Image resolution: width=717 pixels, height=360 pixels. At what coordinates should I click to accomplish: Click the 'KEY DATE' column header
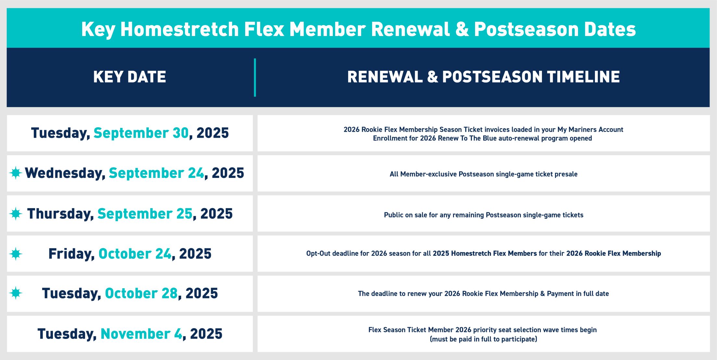pyautogui.click(x=130, y=77)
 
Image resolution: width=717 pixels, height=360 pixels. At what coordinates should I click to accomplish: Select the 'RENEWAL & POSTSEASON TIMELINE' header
pyautogui.click(x=483, y=77)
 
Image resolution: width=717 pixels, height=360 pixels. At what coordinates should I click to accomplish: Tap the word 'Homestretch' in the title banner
pyautogui.click(x=179, y=29)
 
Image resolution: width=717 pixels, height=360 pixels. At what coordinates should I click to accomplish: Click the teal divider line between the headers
pyautogui.click(x=255, y=77)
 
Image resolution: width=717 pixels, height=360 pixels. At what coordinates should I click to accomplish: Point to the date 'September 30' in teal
pyautogui.click(x=141, y=133)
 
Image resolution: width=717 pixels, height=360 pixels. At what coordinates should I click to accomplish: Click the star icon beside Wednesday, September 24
pyautogui.click(x=16, y=173)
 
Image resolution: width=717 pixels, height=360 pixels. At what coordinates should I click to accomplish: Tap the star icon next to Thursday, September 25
pyautogui.click(x=16, y=214)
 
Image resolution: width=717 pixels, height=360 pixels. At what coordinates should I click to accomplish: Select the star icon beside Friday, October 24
pyautogui.click(x=16, y=254)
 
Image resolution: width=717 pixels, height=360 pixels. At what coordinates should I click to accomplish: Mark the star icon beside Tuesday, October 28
pyautogui.click(x=16, y=293)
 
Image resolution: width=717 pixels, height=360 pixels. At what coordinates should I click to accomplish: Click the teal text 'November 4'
pyautogui.click(x=141, y=334)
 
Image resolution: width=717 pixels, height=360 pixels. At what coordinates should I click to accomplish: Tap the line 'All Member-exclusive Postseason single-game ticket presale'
pyautogui.click(x=483, y=174)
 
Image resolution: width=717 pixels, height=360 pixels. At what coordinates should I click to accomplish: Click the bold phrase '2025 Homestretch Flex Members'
pyautogui.click(x=484, y=254)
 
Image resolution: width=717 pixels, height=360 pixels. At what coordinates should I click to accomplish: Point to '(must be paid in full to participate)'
pyautogui.click(x=483, y=339)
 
